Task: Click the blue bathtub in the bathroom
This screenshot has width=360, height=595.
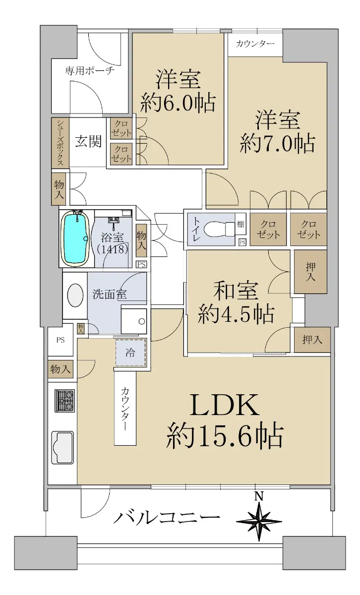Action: click(x=75, y=238)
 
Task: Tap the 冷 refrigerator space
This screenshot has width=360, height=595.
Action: click(x=130, y=353)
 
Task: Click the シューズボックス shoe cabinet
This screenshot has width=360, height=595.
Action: click(x=60, y=143)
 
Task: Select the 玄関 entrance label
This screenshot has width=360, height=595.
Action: click(x=88, y=141)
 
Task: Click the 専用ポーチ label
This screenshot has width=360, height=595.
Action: click(x=90, y=70)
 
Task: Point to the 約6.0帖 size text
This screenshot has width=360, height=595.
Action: click(x=178, y=103)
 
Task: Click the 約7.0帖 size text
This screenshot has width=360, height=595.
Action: click(x=277, y=144)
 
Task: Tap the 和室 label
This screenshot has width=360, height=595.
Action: click(x=236, y=291)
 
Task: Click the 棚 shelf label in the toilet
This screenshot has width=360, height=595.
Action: click(x=240, y=224)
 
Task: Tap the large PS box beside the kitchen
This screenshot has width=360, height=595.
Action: click(x=60, y=340)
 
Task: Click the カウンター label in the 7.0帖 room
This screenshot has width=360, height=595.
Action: click(x=255, y=44)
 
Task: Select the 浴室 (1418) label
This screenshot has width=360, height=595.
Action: click(x=113, y=243)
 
